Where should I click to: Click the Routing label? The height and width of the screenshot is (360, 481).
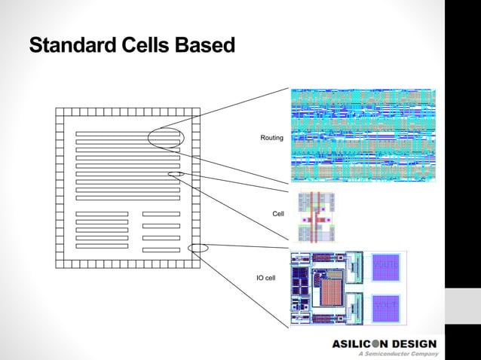point(271,138)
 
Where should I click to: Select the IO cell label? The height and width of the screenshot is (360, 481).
point(266,278)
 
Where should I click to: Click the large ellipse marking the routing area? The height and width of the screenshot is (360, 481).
point(165,138)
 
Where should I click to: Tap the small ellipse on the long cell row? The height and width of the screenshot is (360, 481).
point(176,174)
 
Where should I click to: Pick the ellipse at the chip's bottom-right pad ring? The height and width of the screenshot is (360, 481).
point(198,248)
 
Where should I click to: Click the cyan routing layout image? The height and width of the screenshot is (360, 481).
point(363,136)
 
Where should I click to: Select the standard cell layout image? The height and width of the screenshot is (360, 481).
point(316,217)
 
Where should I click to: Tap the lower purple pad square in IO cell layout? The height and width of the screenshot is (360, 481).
point(385,306)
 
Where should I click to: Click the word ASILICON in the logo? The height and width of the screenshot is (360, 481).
point(360,345)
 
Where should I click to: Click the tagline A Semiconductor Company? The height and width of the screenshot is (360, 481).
point(398,353)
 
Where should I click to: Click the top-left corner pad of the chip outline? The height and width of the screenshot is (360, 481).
point(59,111)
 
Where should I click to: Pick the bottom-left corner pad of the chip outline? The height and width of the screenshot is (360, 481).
point(59,263)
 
